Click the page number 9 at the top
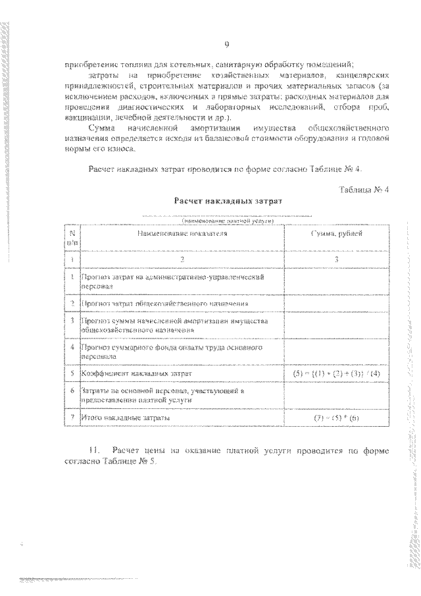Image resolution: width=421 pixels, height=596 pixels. [226, 44]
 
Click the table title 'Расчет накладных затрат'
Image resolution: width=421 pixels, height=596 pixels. [227, 201]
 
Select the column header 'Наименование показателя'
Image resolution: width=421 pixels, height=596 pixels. [182, 234]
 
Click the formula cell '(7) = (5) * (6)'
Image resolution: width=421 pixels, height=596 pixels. [336, 418]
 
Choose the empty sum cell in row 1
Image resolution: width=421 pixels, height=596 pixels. [336, 282]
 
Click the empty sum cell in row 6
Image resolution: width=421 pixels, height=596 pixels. [336, 395]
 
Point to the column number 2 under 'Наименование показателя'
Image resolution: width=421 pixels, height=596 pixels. [182, 259]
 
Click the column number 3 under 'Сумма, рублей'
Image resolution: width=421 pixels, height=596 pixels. [336, 259]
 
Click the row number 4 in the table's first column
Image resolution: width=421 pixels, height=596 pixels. [72, 345]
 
